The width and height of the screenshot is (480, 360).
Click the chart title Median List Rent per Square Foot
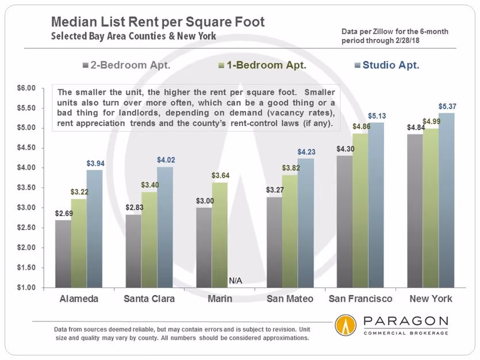point(158,22)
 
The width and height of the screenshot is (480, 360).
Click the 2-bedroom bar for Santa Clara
point(133,251)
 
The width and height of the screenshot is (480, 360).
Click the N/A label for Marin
point(235,281)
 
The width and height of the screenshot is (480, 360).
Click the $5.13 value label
point(377,116)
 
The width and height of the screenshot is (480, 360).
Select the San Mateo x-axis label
point(290,299)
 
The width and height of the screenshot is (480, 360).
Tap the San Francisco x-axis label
point(360,299)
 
